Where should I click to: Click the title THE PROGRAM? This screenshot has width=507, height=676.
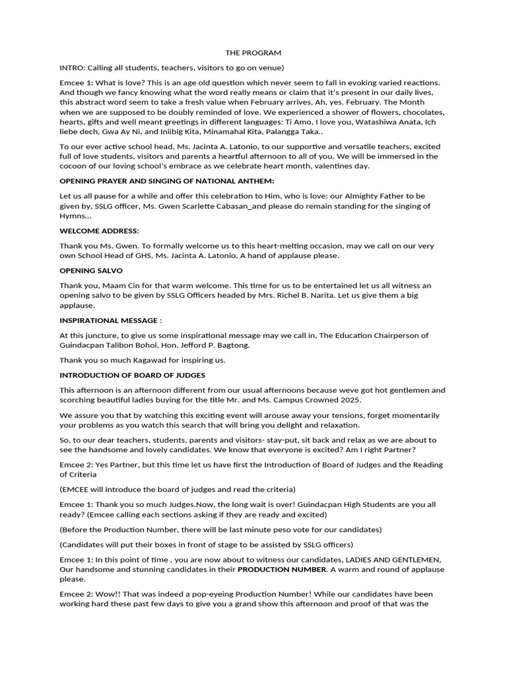coord(253,53)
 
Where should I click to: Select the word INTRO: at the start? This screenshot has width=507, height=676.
coord(73,67)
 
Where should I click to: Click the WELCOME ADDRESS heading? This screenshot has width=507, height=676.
coord(99,231)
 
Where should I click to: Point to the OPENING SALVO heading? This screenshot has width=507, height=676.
coord(91,271)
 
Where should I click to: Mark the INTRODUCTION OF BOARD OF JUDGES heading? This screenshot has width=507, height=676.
coord(132,375)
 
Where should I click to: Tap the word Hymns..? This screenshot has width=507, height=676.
coord(73,216)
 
